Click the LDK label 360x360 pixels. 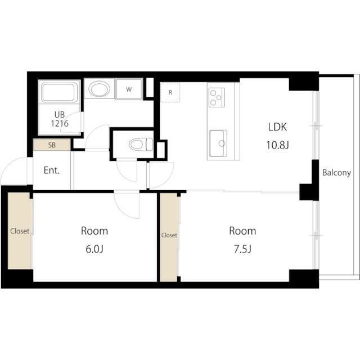pyautogui.click(x=277, y=127)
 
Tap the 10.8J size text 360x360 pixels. pyautogui.click(x=277, y=145)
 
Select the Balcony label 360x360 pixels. pyautogui.click(x=336, y=173)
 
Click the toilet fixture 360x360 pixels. pyautogui.click(x=141, y=144)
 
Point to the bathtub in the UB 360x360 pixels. pyautogui.click(x=59, y=92)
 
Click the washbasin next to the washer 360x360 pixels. pyautogui.click(x=99, y=89)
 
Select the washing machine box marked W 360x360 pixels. pyautogui.click(x=129, y=89)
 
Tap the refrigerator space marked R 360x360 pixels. pyautogui.click(x=170, y=92)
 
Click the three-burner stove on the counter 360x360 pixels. pyautogui.click(x=217, y=97)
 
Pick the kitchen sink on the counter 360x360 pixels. pyautogui.click(x=218, y=143)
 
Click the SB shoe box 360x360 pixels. pyautogui.click(x=52, y=145)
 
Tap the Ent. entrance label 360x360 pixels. pyautogui.click(x=52, y=170)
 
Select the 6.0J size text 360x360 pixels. pyautogui.click(x=94, y=249)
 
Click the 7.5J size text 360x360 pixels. pyautogui.click(x=242, y=249)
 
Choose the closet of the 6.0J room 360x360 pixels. pyautogui.click(x=20, y=231)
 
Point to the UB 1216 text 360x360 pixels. pyautogui.click(x=60, y=119)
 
